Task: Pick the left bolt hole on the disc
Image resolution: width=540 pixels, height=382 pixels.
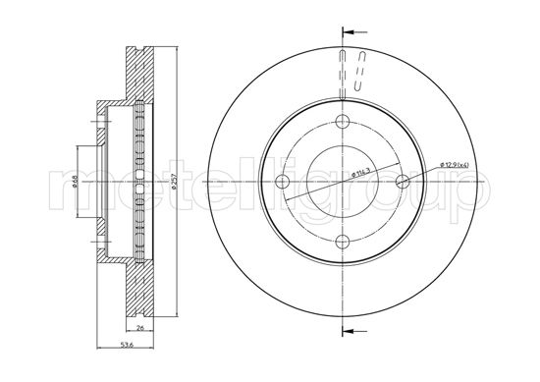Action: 282,182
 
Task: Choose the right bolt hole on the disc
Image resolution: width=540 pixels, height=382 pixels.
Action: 402,182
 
